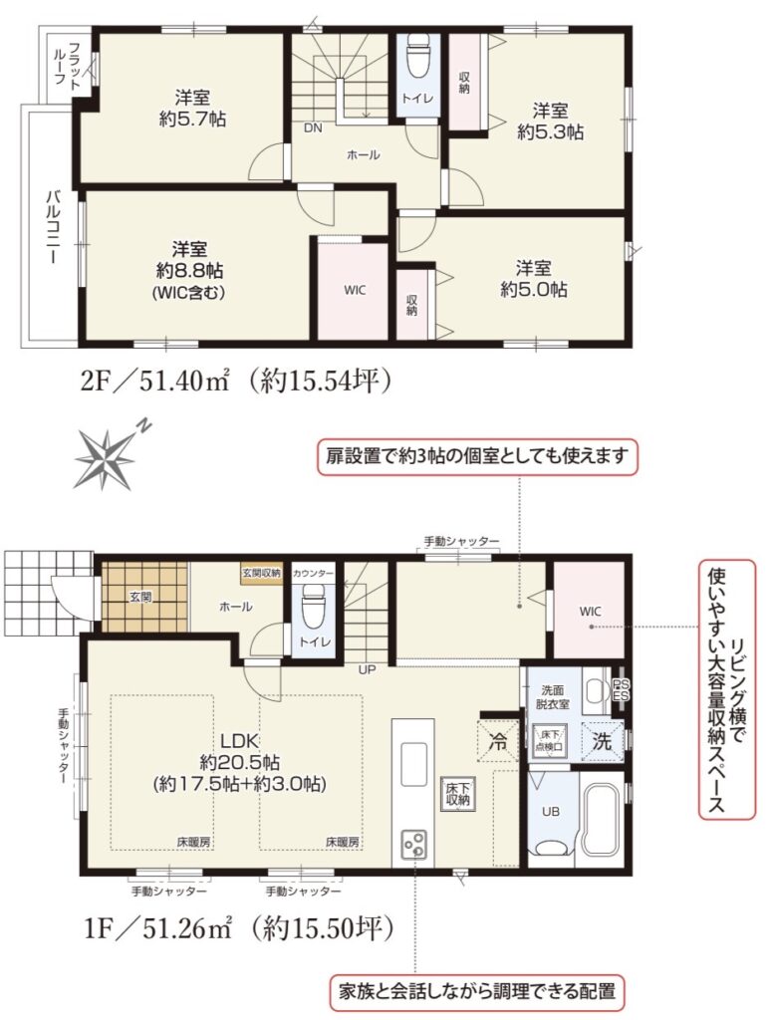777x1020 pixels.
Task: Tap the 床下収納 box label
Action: click(x=458, y=793)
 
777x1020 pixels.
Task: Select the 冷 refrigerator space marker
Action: click(x=497, y=741)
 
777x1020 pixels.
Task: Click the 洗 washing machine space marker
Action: click(x=602, y=741)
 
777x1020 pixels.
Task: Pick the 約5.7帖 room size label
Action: click(x=192, y=120)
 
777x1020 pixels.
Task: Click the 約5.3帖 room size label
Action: click(x=550, y=132)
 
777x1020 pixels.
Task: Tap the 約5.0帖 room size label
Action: click(x=533, y=290)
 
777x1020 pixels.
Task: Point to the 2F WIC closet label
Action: click(x=355, y=290)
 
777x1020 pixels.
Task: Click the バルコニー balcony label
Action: click(x=52, y=227)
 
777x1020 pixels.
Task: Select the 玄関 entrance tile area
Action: click(x=145, y=597)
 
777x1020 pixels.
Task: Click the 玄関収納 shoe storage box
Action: click(x=262, y=573)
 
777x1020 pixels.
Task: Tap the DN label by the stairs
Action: click(x=313, y=128)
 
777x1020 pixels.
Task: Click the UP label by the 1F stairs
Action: click(x=367, y=669)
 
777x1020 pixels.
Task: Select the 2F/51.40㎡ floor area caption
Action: click(x=235, y=381)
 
